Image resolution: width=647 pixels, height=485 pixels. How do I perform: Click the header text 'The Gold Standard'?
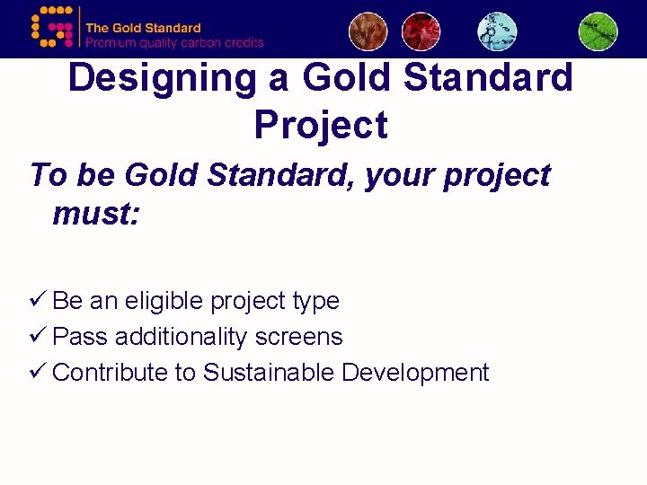(x=143, y=28)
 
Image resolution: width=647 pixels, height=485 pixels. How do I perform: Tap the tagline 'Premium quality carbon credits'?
(x=174, y=42)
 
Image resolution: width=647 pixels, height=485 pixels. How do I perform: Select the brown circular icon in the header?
(x=368, y=31)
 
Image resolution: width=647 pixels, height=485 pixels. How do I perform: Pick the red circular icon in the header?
(x=421, y=31)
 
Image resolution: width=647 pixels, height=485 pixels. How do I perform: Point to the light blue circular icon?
(x=497, y=31)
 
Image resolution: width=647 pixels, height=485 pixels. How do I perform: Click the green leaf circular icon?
(x=598, y=31)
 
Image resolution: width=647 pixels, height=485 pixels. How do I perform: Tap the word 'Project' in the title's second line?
(x=321, y=125)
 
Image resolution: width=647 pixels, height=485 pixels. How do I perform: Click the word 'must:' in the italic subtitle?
(x=96, y=214)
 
